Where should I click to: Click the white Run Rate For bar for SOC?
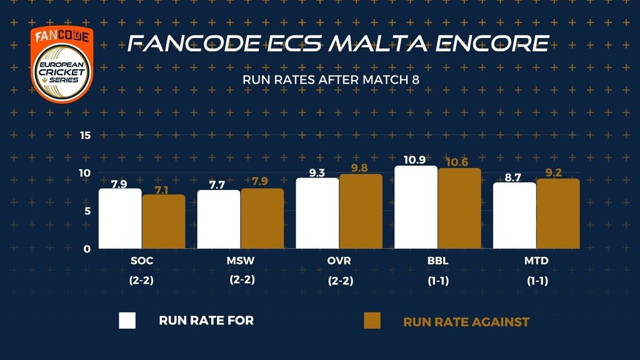(x=120, y=219)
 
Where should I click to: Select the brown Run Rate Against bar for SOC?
(x=164, y=222)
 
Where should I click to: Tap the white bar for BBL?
(x=416, y=207)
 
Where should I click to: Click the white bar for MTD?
(x=514, y=216)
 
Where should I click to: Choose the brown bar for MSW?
(x=262, y=219)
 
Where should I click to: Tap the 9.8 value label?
(x=361, y=168)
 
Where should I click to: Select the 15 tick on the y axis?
(x=86, y=136)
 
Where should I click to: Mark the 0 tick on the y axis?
(x=87, y=249)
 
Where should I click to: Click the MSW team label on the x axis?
(x=241, y=259)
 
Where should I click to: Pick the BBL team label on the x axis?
(x=437, y=259)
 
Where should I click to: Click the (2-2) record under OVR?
(x=340, y=281)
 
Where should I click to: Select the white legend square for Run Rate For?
(x=127, y=321)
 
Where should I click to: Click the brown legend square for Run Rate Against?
(x=372, y=321)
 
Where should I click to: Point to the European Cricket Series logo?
(x=62, y=64)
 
